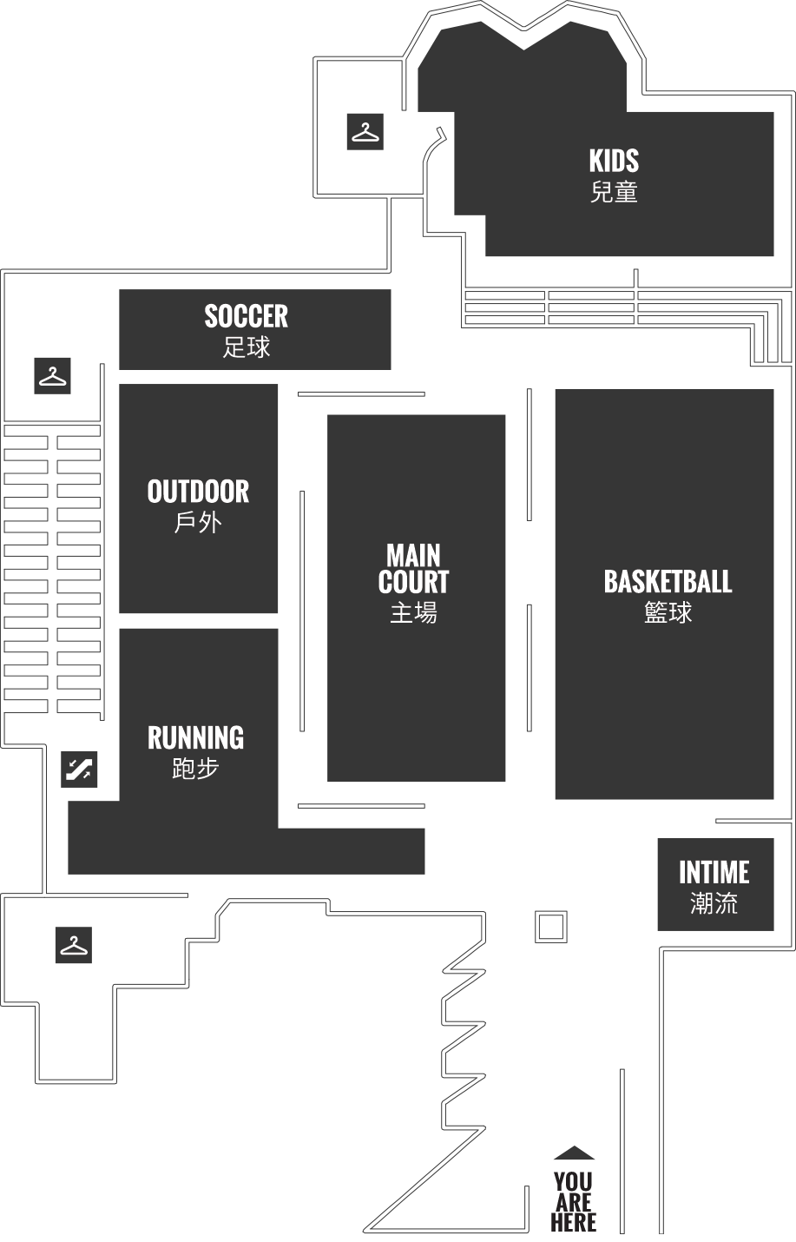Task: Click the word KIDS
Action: tap(614, 161)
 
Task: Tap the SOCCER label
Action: tap(247, 316)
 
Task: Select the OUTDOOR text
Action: tap(198, 492)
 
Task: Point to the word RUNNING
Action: tap(195, 737)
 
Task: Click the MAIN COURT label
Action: tap(413, 568)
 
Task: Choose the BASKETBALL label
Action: tap(668, 582)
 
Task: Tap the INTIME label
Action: tap(714, 872)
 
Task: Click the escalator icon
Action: tap(79, 769)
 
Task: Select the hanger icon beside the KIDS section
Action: tap(365, 132)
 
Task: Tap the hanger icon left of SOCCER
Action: tap(53, 376)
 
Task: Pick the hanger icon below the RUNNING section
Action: tap(74, 945)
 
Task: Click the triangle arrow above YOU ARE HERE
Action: tap(575, 1153)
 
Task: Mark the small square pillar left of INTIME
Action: tap(551, 927)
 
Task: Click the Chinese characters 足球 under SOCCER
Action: tap(247, 347)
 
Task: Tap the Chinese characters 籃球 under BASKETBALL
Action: tap(668, 612)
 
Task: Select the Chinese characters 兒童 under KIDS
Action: tap(614, 192)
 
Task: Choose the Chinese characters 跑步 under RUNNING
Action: tap(195, 769)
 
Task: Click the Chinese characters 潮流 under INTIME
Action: tap(714, 903)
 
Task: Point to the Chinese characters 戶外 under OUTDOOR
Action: tap(198, 523)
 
